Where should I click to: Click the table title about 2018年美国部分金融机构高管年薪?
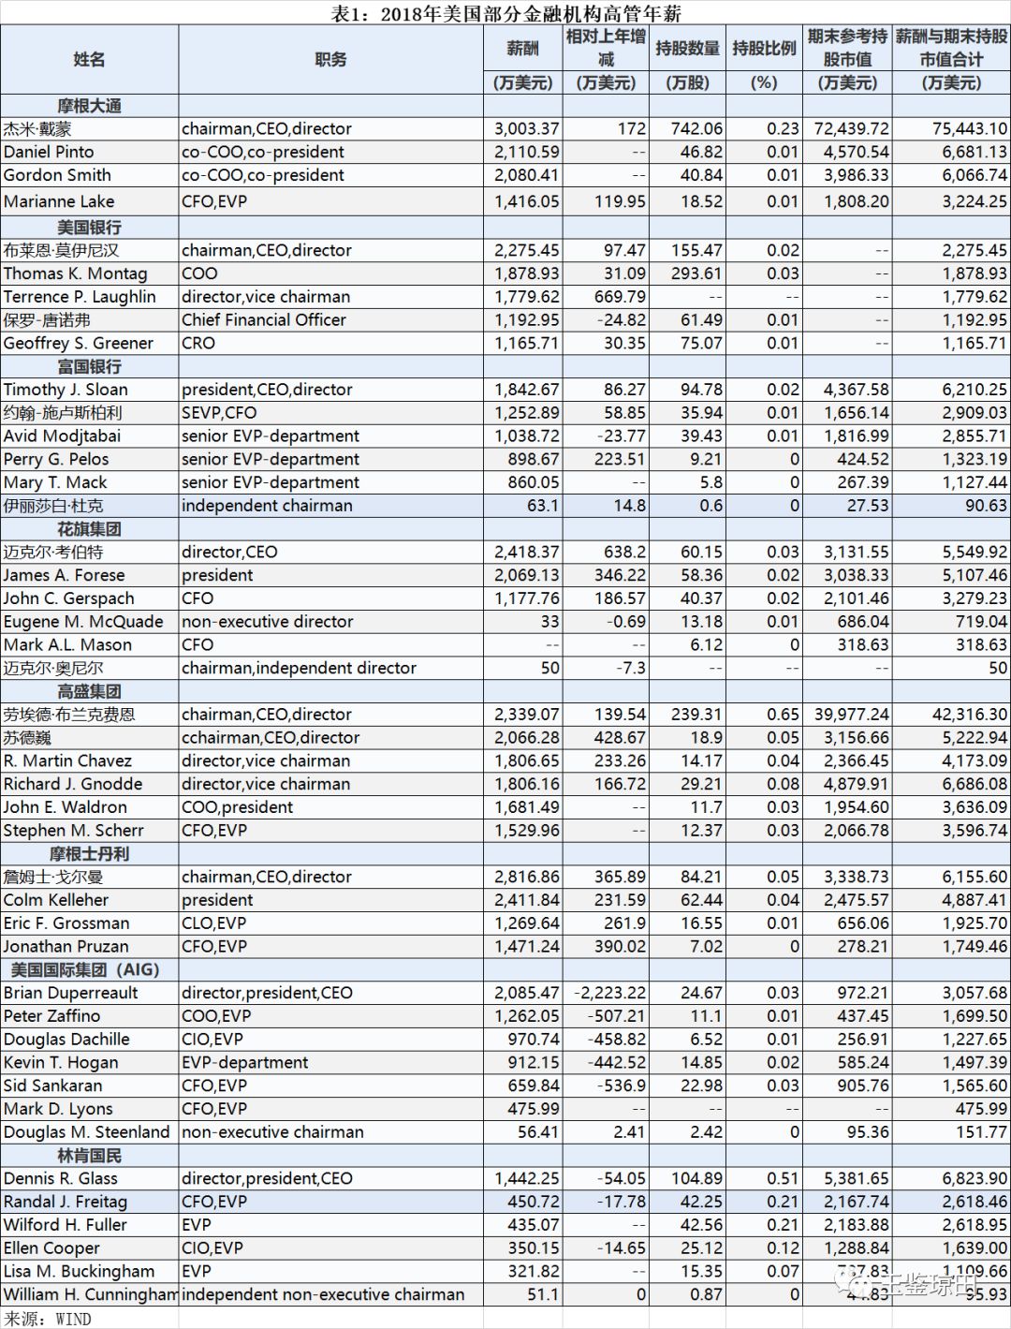pyautogui.click(x=505, y=13)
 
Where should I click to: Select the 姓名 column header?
pyautogui.click(x=89, y=59)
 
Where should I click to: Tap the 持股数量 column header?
pyautogui.click(x=687, y=48)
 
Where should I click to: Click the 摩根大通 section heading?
pyautogui.click(x=89, y=106)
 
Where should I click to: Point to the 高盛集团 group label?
pyautogui.click(x=89, y=691)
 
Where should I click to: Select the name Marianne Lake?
pyautogui.click(x=59, y=201)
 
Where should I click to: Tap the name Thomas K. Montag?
pyautogui.click(x=75, y=273)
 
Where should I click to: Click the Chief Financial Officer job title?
pyautogui.click(x=264, y=319)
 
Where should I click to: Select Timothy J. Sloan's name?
pyautogui.click(x=66, y=390)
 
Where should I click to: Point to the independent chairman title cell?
pyautogui.click(x=267, y=506)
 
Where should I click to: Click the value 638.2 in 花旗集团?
pyautogui.click(x=620, y=552)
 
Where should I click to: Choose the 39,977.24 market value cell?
pyautogui.click(x=851, y=715)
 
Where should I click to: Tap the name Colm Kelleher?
pyautogui.click(x=56, y=900)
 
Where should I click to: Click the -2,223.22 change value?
pyautogui.click(x=609, y=993)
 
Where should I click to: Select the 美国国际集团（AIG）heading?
pyautogui.click(x=85, y=969)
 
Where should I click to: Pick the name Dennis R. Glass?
pyautogui.click(x=61, y=1178)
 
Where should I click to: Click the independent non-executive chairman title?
pyautogui.click(x=323, y=1294)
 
